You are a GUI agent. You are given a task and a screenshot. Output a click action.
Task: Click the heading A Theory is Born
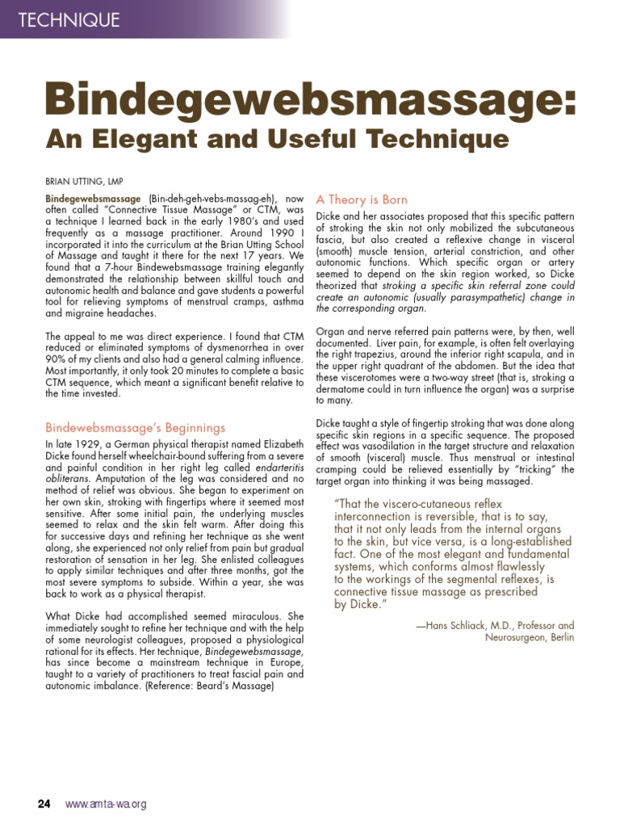point(362,199)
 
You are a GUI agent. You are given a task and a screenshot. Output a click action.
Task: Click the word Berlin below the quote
point(560,637)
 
